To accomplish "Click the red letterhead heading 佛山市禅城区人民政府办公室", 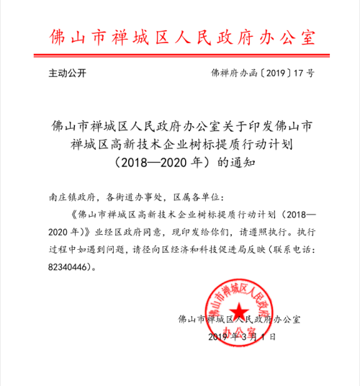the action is pos(180,37).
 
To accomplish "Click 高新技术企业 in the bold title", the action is pos(145,145).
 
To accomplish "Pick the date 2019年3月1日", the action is pos(243,337).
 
